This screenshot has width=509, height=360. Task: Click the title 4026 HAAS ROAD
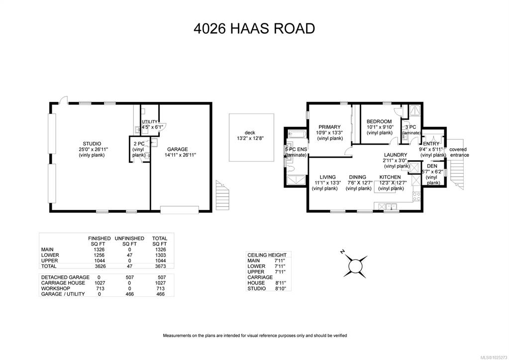254,28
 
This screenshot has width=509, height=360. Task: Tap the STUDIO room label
92,143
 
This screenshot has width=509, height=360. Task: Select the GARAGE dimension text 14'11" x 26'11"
180,155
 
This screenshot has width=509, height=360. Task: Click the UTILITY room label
149,122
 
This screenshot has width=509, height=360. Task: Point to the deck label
250,132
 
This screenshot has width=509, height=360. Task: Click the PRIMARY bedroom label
329,127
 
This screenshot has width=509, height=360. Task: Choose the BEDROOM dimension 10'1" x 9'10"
380,127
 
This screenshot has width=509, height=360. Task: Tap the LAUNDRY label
396,155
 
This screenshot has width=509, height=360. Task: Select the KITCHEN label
390,177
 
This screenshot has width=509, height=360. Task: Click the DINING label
357,177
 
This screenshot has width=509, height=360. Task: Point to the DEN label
432,166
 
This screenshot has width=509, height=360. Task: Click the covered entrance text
459,152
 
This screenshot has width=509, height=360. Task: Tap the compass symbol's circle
355,266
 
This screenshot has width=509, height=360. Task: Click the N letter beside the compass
342,251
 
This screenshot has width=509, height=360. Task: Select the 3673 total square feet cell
160,266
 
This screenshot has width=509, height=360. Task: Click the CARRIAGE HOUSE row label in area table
63,283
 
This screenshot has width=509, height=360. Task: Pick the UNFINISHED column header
129,238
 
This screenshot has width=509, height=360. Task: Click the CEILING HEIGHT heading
267,255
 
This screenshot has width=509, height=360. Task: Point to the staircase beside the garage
223,195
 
